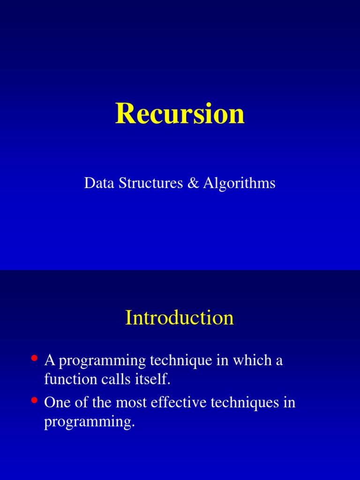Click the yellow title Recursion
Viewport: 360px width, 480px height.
(x=180, y=113)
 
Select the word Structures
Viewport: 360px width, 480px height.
(x=150, y=183)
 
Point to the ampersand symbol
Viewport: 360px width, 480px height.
(x=193, y=183)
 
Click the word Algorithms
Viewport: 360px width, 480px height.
(x=239, y=184)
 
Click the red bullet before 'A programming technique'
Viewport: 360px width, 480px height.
(x=34, y=358)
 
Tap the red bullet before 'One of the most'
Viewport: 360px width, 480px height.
(x=34, y=400)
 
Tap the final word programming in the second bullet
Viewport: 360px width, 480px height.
(x=90, y=422)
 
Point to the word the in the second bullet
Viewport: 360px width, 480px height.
(x=102, y=402)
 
